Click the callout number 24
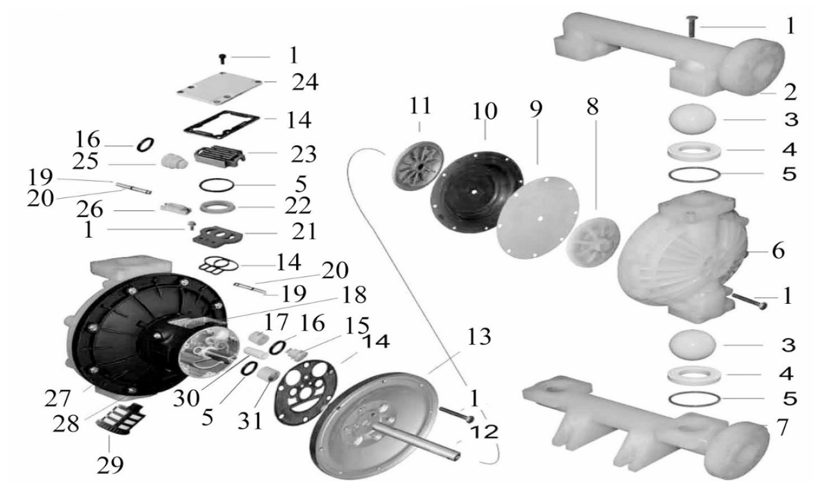click(x=305, y=82)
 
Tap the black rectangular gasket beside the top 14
click(x=222, y=125)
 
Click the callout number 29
click(x=110, y=465)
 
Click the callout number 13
click(x=479, y=337)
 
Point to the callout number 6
click(x=778, y=251)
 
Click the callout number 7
click(x=782, y=427)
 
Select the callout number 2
click(x=790, y=92)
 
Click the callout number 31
click(x=250, y=421)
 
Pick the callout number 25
click(x=85, y=161)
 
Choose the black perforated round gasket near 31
click(x=306, y=392)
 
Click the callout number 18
click(x=354, y=295)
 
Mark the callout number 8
click(x=593, y=106)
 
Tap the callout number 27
click(x=58, y=398)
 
